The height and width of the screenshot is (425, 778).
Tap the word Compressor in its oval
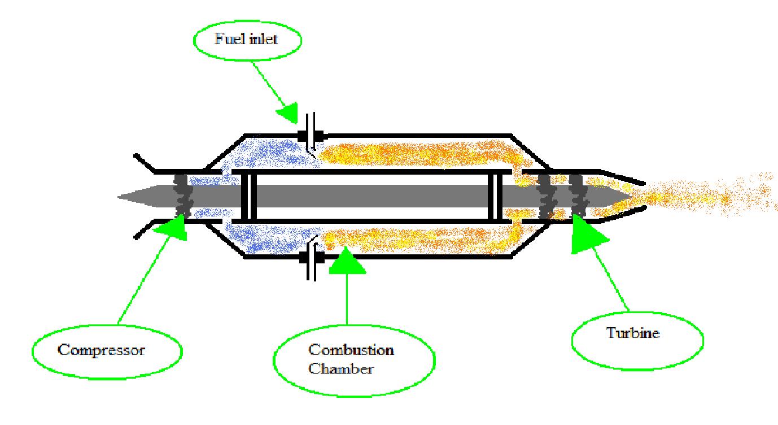coord(102,349)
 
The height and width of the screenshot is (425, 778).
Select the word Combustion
coord(351,350)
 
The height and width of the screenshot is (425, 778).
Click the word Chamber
coord(341,369)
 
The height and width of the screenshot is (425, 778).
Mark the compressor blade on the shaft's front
coord(183,195)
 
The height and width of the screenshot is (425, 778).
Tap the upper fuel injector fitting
coord(311,135)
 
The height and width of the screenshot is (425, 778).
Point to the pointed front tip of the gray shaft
coord(122,197)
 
